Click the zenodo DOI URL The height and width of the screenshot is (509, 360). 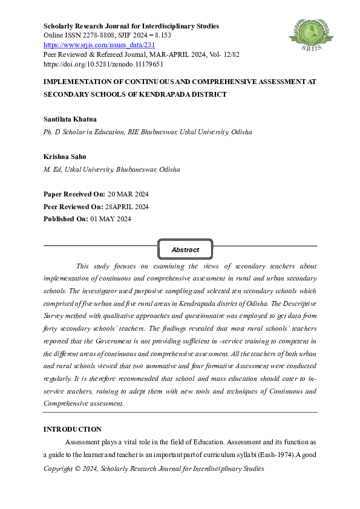pyautogui.click(x=103, y=63)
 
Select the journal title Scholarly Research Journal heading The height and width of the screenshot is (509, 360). pyautogui.click(x=131, y=26)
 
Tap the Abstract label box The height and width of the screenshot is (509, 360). pyautogui.click(x=185, y=249)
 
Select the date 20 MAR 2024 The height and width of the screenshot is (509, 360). pyautogui.click(x=128, y=194)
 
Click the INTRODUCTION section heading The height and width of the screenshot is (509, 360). pyautogui.click(x=72, y=429)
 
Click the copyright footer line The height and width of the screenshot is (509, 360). pyautogui.click(x=154, y=468)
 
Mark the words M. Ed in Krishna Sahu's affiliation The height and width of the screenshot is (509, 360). pyautogui.click(x=53, y=169)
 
